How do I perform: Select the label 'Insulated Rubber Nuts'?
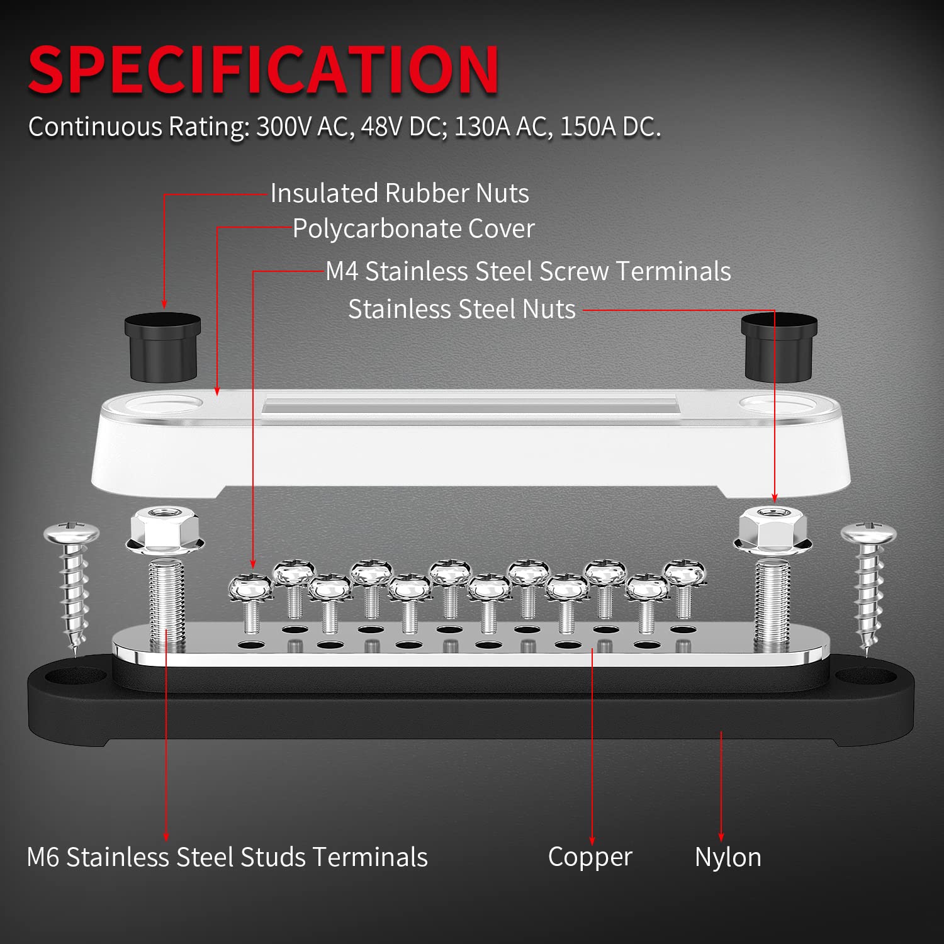pyautogui.click(x=400, y=193)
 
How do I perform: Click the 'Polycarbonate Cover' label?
pyautogui.click(x=413, y=228)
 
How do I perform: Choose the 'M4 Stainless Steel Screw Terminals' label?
pyautogui.click(x=528, y=271)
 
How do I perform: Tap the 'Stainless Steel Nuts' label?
pyautogui.click(x=462, y=309)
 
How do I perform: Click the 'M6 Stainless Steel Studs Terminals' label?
pyautogui.click(x=227, y=857)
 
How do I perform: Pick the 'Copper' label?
pyautogui.click(x=590, y=857)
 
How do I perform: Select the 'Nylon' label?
pyautogui.click(x=728, y=857)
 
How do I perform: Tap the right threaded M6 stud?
pyautogui.click(x=772, y=604)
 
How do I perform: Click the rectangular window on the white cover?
pyautogui.click(x=469, y=404)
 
